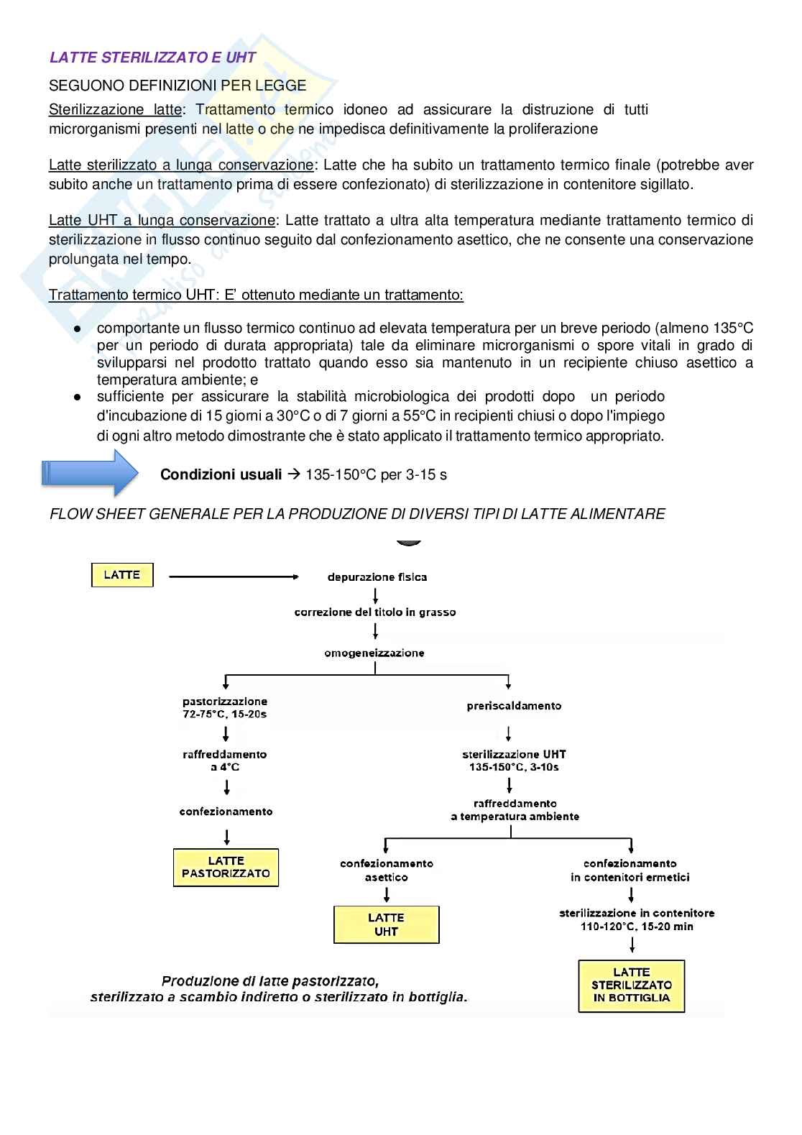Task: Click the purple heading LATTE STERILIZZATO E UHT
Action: (152, 58)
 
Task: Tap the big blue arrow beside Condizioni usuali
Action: (90, 473)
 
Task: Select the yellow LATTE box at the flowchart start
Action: (122, 575)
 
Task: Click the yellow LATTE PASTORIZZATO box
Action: (226, 868)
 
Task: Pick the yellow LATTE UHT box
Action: (386, 924)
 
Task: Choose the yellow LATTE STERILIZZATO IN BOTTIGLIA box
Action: (631, 985)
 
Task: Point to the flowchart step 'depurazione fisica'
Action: (377, 577)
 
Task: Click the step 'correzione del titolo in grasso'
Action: (375, 612)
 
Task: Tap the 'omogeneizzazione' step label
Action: (374, 653)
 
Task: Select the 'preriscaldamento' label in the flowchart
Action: (514, 706)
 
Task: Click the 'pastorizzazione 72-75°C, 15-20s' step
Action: (225, 707)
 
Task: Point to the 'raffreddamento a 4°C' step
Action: (225, 761)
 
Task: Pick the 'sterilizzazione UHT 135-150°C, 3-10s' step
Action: (514, 761)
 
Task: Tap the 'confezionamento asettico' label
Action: (387, 870)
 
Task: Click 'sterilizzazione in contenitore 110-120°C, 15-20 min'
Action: (637, 919)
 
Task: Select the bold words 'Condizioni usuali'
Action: (221, 474)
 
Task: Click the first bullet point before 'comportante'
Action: (78, 328)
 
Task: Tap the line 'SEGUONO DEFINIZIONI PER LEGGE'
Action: (178, 86)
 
